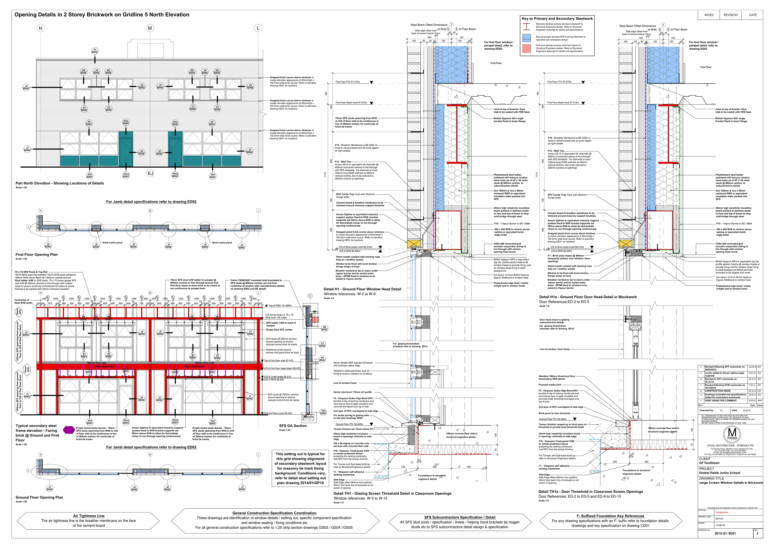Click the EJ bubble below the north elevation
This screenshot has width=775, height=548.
point(150,173)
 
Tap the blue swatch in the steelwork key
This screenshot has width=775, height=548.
point(527,38)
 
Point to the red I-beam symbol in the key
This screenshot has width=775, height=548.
point(527,27)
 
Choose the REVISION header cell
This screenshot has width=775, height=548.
point(730,15)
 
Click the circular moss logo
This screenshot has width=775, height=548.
point(732,434)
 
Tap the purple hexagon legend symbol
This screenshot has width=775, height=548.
point(69,430)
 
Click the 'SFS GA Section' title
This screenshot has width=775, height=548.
point(293,426)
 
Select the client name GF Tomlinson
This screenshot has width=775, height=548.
point(709,463)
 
